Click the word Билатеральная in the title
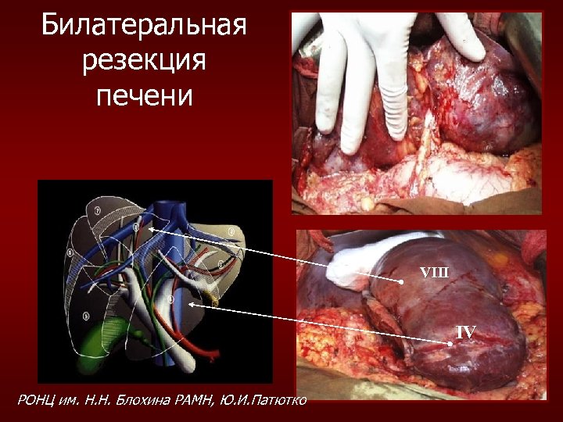point(144,25)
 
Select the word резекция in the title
point(144,60)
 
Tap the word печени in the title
point(144,95)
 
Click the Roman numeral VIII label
point(434,272)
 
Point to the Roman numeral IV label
point(465,332)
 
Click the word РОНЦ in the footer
point(37,401)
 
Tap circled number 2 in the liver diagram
point(231,232)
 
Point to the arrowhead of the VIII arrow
point(151,230)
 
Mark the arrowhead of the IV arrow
point(190,306)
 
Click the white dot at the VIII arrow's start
point(400,281)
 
